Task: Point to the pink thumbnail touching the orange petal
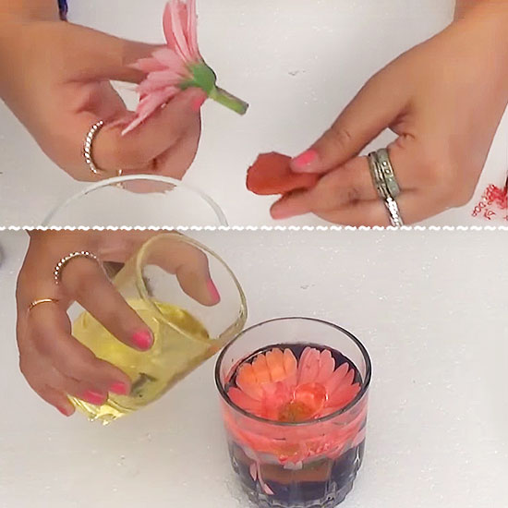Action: point(304,160)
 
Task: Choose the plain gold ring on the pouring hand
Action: point(42,304)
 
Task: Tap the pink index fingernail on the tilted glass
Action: point(141,339)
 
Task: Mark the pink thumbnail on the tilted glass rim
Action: point(212,290)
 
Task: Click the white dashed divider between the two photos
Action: point(254,226)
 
